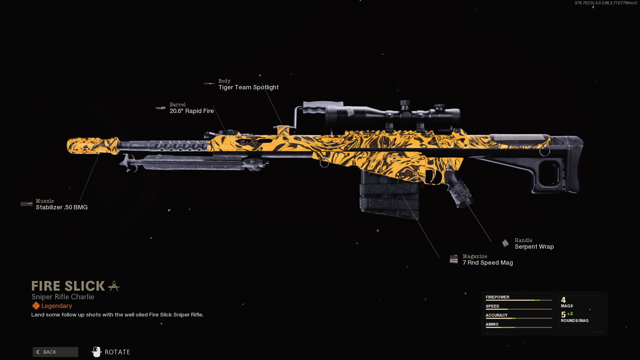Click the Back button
[55, 352]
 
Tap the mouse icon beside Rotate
[97, 352]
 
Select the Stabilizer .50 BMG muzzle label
[62, 207]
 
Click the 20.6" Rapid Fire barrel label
[192, 111]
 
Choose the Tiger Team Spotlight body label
[248, 87]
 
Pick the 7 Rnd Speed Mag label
[488, 263]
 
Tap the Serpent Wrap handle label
[534, 247]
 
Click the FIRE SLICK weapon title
[68, 286]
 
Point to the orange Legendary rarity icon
[36, 306]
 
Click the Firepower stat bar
[519, 300]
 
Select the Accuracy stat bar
[519, 318]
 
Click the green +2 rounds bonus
[570, 314]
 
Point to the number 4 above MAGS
[563, 300]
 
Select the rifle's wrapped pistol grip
[460, 192]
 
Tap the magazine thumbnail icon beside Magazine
[454, 259]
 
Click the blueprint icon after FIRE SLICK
[114, 286]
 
